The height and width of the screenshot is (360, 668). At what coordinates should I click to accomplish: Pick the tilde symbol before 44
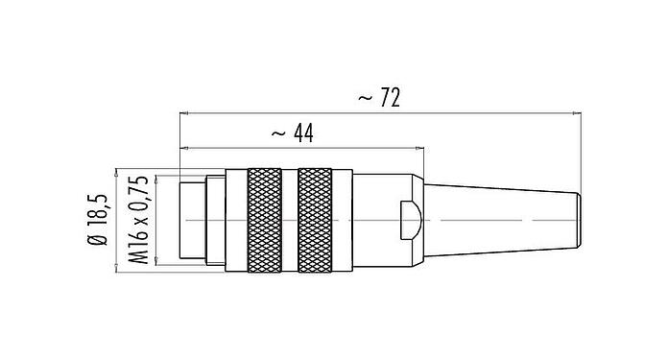pyautogui.click(x=278, y=134)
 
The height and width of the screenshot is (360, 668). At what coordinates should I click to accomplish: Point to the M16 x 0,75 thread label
pyautogui.click(x=137, y=220)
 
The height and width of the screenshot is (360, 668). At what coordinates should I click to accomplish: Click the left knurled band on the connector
pyautogui.click(x=265, y=220)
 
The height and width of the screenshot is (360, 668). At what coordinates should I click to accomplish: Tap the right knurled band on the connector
pyautogui.click(x=317, y=220)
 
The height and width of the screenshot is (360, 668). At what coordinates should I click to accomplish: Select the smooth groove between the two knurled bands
pyautogui.click(x=291, y=220)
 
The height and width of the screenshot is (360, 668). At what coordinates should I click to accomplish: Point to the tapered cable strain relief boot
pyautogui.click(x=499, y=219)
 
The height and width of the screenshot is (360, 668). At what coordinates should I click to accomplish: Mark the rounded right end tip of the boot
pyautogui.click(x=581, y=219)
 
